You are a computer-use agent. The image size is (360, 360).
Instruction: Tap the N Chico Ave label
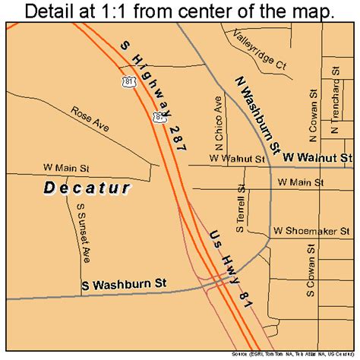(x=219, y=123)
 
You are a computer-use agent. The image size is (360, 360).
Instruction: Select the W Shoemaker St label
(x=311, y=229)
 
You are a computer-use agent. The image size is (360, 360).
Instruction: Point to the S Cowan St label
(x=310, y=270)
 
